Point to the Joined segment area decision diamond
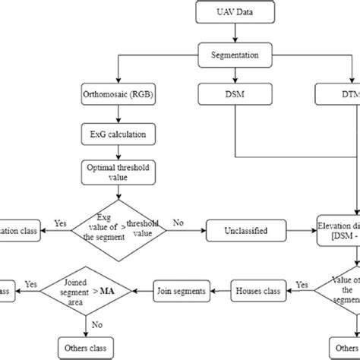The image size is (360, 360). coord(84,289)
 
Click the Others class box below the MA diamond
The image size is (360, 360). coord(84,349)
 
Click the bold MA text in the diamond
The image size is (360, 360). coord(116,289)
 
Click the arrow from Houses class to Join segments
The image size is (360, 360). coord(221,289)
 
